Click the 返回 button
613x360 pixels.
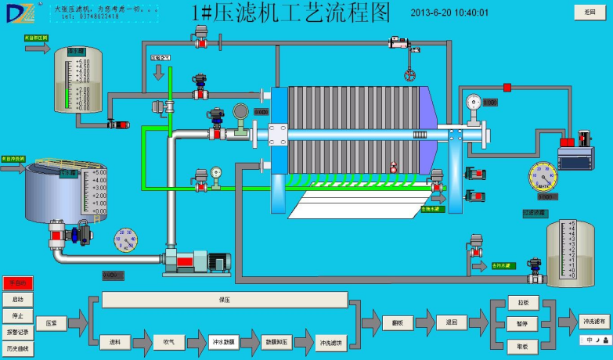590,12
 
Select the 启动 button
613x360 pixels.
18,299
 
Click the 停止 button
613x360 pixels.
18,315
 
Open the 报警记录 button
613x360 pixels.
18,332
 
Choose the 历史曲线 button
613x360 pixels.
18,348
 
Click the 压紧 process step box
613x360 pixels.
51,322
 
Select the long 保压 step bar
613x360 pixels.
225,300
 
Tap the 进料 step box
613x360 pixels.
115,341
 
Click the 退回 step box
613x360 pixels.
452,322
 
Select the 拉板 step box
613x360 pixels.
523,302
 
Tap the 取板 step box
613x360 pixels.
523,345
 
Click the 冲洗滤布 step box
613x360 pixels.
593,321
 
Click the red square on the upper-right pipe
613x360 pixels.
507,86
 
